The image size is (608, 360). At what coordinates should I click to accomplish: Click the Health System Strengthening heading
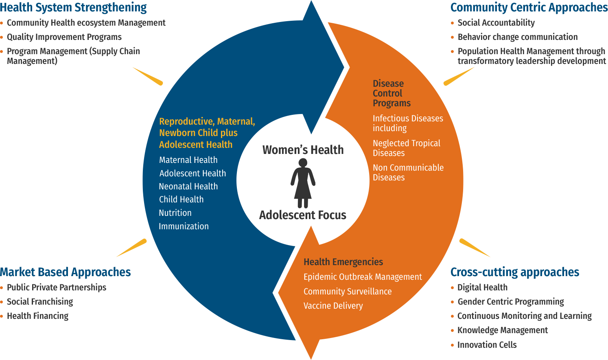pyautogui.click(x=73, y=7)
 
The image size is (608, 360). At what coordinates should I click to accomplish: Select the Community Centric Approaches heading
pyautogui.click(x=529, y=7)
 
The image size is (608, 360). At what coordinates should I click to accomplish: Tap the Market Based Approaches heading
pyautogui.click(x=65, y=272)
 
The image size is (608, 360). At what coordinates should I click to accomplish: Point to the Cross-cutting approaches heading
pyautogui.click(x=515, y=272)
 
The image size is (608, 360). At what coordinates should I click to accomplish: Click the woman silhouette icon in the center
pyautogui.click(x=303, y=183)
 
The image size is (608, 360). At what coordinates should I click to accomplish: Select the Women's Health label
pyautogui.click(x=303, y=150)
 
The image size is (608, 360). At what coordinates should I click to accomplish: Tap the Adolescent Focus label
pyautogui.click(x=303, y=215)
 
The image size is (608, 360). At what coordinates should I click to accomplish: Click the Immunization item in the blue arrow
pyautogui.click(x=184, y=226)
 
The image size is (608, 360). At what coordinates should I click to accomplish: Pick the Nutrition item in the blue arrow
pyautogui.click(x=175, y=213)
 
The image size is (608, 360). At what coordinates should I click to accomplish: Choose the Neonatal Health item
pyautogui.click(x=188, y=187)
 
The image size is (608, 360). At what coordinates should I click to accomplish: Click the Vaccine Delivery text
pyautogui.click(x=333, y=306)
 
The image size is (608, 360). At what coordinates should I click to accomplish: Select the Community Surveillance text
pyautogui.click(x=348, y=292)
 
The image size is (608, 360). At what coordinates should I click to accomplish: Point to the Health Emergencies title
pyautogui.click(x=343, y=262)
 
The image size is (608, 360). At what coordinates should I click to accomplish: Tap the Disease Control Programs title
pyautogui.click(x=391, y=93)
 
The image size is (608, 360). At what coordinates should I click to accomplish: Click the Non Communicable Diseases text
pyautogui.click(x=408, y=172)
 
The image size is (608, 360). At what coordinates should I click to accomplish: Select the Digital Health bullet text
pyautogui.click(x=482, y=288)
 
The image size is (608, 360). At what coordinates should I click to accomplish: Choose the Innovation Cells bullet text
pyautogui.click(x=487, y=345)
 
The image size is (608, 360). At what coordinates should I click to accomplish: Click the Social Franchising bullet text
pyautogui.click(x=40, y=302)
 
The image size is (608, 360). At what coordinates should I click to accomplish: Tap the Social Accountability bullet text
pyautogui.click(x=496, y=23)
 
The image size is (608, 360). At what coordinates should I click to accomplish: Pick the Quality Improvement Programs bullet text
pyautogui.click(x=64, y=37)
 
